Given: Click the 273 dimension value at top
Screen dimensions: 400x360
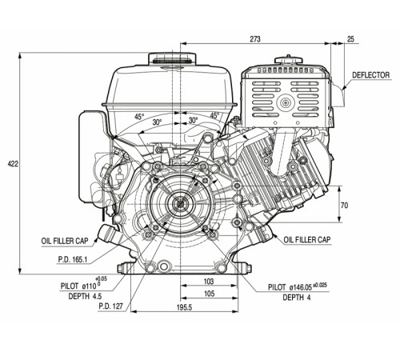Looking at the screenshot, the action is (x=255, y=39).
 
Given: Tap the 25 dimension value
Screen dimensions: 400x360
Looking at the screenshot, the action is (x=350, y=39).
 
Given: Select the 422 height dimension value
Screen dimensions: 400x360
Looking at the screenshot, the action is (x=13, y=163).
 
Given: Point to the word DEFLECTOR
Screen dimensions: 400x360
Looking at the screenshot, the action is (x=370, y=75).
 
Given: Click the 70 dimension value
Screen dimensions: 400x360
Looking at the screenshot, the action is (x=344, y=206).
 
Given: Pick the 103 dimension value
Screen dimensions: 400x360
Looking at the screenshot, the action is (x=209, y=281).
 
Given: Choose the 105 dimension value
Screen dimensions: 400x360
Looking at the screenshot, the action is (x=209, y=294).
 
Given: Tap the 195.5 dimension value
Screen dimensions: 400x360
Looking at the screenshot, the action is (x=184, y=307).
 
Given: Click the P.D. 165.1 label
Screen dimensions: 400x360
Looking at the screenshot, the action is (x=73, y=259).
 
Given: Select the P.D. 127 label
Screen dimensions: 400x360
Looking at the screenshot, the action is (x=110, y=306).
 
